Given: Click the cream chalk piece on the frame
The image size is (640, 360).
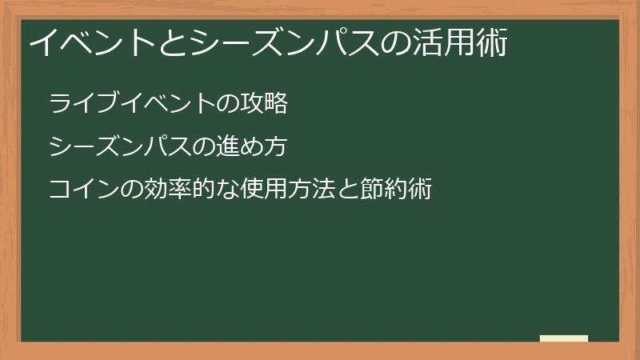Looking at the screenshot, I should coord(564,338).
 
